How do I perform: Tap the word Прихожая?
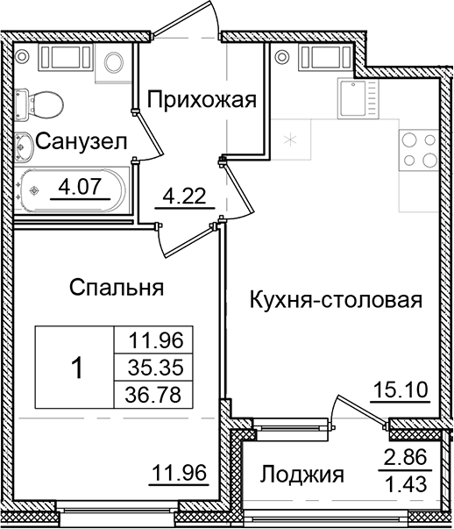point(201,99)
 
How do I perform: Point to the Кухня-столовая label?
point(337,299)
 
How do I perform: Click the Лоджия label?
point(301,475)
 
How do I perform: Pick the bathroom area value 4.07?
point(81,186)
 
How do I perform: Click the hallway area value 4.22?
point(188,196)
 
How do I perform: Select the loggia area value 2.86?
point(407,456)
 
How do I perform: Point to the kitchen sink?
point(357,96)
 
